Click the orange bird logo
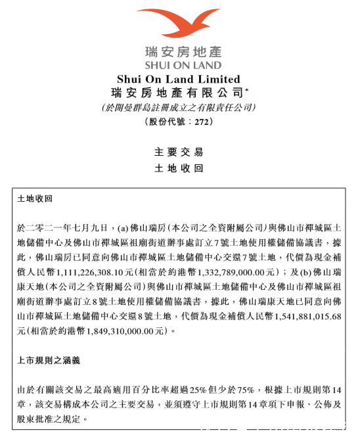[178, 24]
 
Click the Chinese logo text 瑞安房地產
[179, 52]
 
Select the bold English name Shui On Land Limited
[179, 79]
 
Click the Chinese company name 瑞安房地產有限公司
[177, 93]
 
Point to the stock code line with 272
[179, 122]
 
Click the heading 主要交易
[179, 151]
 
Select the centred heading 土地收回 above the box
[179, 168]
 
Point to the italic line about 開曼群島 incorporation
[179, 107]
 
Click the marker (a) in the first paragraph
[124, 227]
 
